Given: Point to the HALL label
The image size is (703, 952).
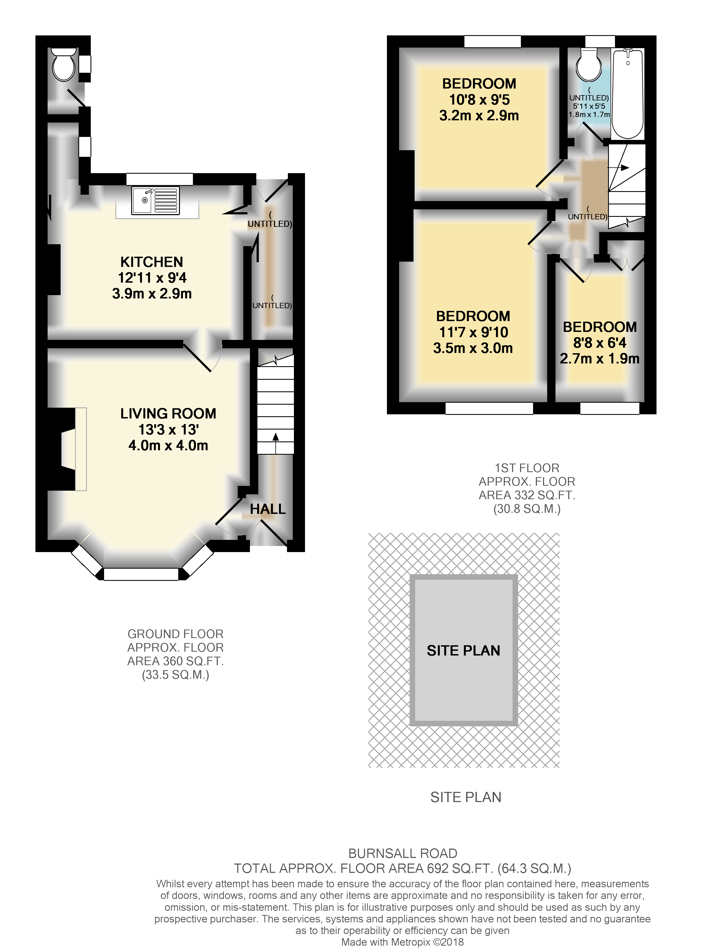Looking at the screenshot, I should click(268, 509).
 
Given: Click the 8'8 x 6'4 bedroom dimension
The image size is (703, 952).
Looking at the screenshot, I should click(599, 343).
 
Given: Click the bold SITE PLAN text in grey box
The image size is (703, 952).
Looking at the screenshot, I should click(463, 651).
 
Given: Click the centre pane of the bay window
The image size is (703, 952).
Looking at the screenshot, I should click(141, 574).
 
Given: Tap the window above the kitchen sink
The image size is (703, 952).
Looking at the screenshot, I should click(160, 179).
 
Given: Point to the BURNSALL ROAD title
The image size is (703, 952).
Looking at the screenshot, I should click(403, 853).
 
